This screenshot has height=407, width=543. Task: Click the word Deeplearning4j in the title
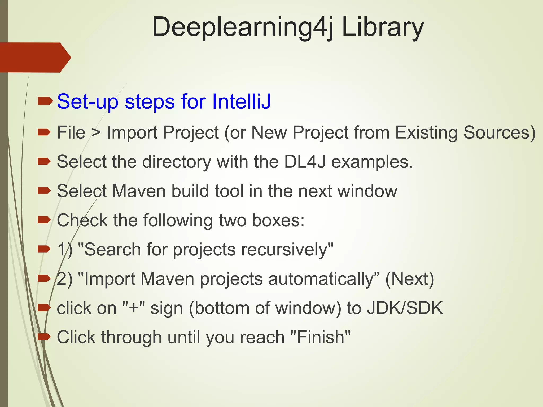pos(243,27)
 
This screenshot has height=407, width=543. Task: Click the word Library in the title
pos(383,27)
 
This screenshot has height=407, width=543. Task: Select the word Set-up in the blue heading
pos(87,102)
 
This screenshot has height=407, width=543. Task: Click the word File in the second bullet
pos(71,132)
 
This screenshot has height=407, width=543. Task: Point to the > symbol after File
pos(96,133)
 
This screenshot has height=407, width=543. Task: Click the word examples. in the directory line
pos(372,162)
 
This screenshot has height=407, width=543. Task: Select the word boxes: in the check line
pos(278,220)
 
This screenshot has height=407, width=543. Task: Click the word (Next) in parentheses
pos(410,279)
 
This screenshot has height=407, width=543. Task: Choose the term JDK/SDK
pos(405,308)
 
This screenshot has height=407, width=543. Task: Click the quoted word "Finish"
pos(321,337)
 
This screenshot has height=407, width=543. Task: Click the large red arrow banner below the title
pos(34,57)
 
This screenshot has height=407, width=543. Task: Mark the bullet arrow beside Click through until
pos(44,337)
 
